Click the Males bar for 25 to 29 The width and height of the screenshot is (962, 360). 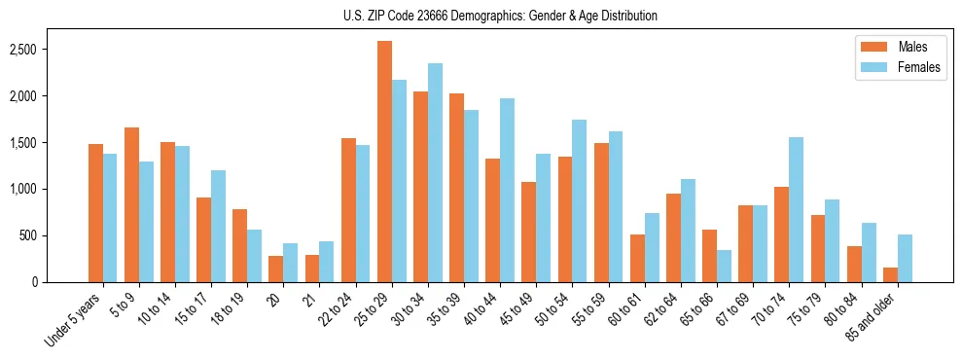click(384, 162)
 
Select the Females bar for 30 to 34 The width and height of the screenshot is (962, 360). click(435, 173)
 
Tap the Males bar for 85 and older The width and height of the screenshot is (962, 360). click(889, 274)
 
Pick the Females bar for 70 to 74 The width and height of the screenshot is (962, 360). click(796, 210)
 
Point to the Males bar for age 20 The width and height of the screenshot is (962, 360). click(276, 270)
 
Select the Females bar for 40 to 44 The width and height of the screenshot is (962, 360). click(507, 191)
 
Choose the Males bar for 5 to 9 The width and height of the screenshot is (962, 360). click(131, 205)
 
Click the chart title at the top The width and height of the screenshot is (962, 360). click(500, 16)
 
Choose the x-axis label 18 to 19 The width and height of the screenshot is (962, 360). click(228, 308)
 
